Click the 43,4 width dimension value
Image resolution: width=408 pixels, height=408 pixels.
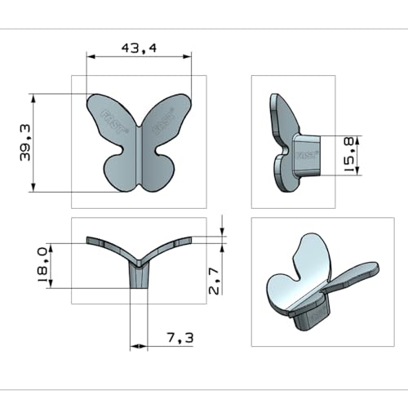pyautogui.click(x=139, y=48)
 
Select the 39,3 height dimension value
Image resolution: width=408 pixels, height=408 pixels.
pyautogui.click(x=25, y=143)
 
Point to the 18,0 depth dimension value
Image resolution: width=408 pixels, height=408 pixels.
pyautogui.click(x=42, y=265)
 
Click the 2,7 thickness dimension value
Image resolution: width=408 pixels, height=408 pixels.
pyautogui.click(x=214, y=281)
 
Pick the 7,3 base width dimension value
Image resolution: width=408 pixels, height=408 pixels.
pyautogui.click(x=180, y=338)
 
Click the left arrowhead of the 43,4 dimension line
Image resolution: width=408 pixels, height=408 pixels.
pyautogui.click(x=91, y=56)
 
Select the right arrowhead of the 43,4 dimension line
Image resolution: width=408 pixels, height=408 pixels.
pyautogui.click(x=187, y=56)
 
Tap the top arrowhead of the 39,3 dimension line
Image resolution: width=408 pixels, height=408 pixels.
pyautogui.click(x=33, y=98)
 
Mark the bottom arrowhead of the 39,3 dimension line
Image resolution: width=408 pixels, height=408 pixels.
pyautogui.click(x=33, y=188)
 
